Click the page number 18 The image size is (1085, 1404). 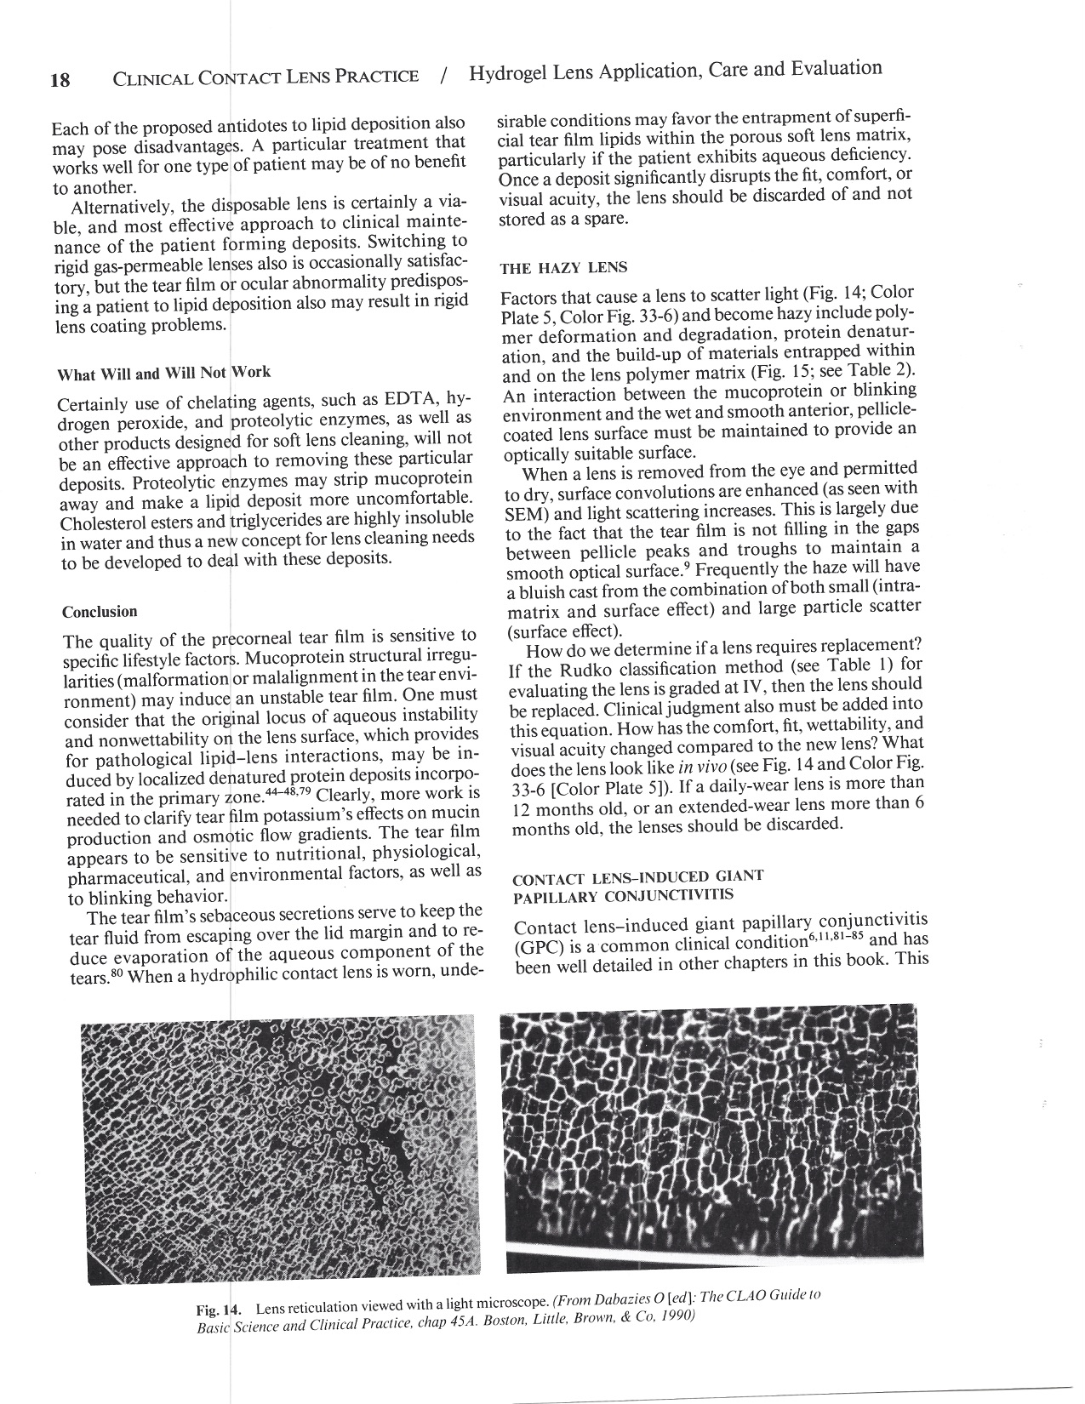[x=60, y=81]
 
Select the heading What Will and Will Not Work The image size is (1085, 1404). [x=163, y=374]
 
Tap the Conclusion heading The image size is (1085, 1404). [x=100, y=612]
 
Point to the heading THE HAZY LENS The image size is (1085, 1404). [x=563, y=268]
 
